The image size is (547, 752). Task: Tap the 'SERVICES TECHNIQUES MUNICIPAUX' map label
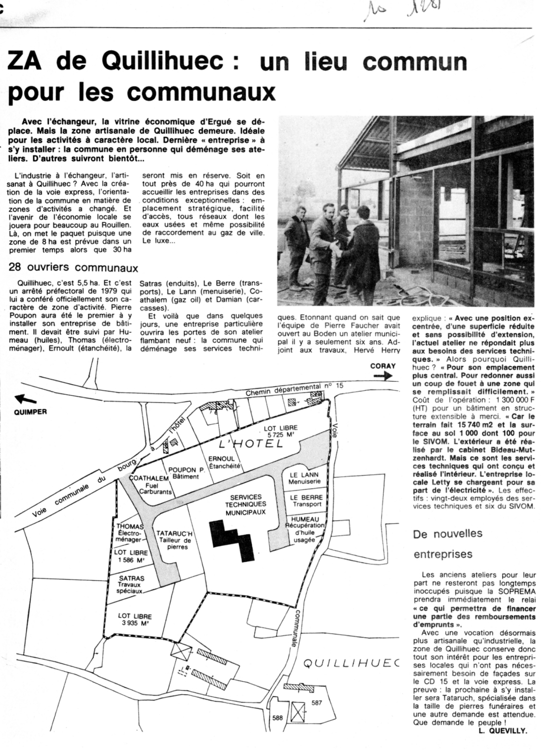tap(246, 505)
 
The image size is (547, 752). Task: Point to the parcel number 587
tap(316, 702)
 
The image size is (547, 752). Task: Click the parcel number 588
tap(278, 718)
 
